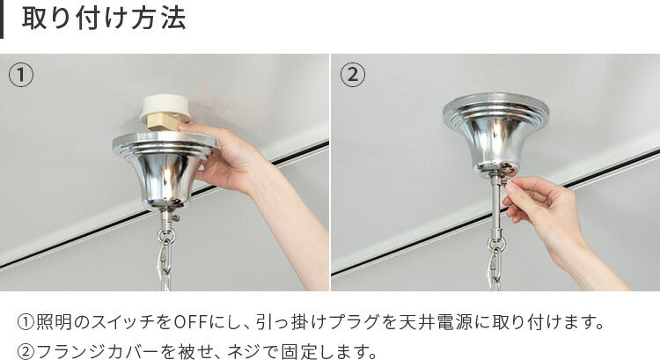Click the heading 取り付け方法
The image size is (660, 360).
[104, 19]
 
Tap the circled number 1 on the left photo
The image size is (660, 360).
[21, 75]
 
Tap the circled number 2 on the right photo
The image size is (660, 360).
[353, 75]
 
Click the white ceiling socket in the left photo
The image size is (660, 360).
[165, 107]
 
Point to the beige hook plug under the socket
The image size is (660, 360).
[164, 123]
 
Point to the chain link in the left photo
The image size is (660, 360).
[165, 263]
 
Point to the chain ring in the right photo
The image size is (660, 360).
[496, 243]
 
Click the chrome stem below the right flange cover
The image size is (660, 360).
[496, 206]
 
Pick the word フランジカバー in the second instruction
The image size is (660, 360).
[89, 351]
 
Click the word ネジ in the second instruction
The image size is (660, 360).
[243, 351]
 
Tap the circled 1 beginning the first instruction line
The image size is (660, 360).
[26, 322]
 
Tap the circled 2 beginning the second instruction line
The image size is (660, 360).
[26, 351]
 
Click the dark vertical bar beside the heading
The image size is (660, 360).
[1, 19]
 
